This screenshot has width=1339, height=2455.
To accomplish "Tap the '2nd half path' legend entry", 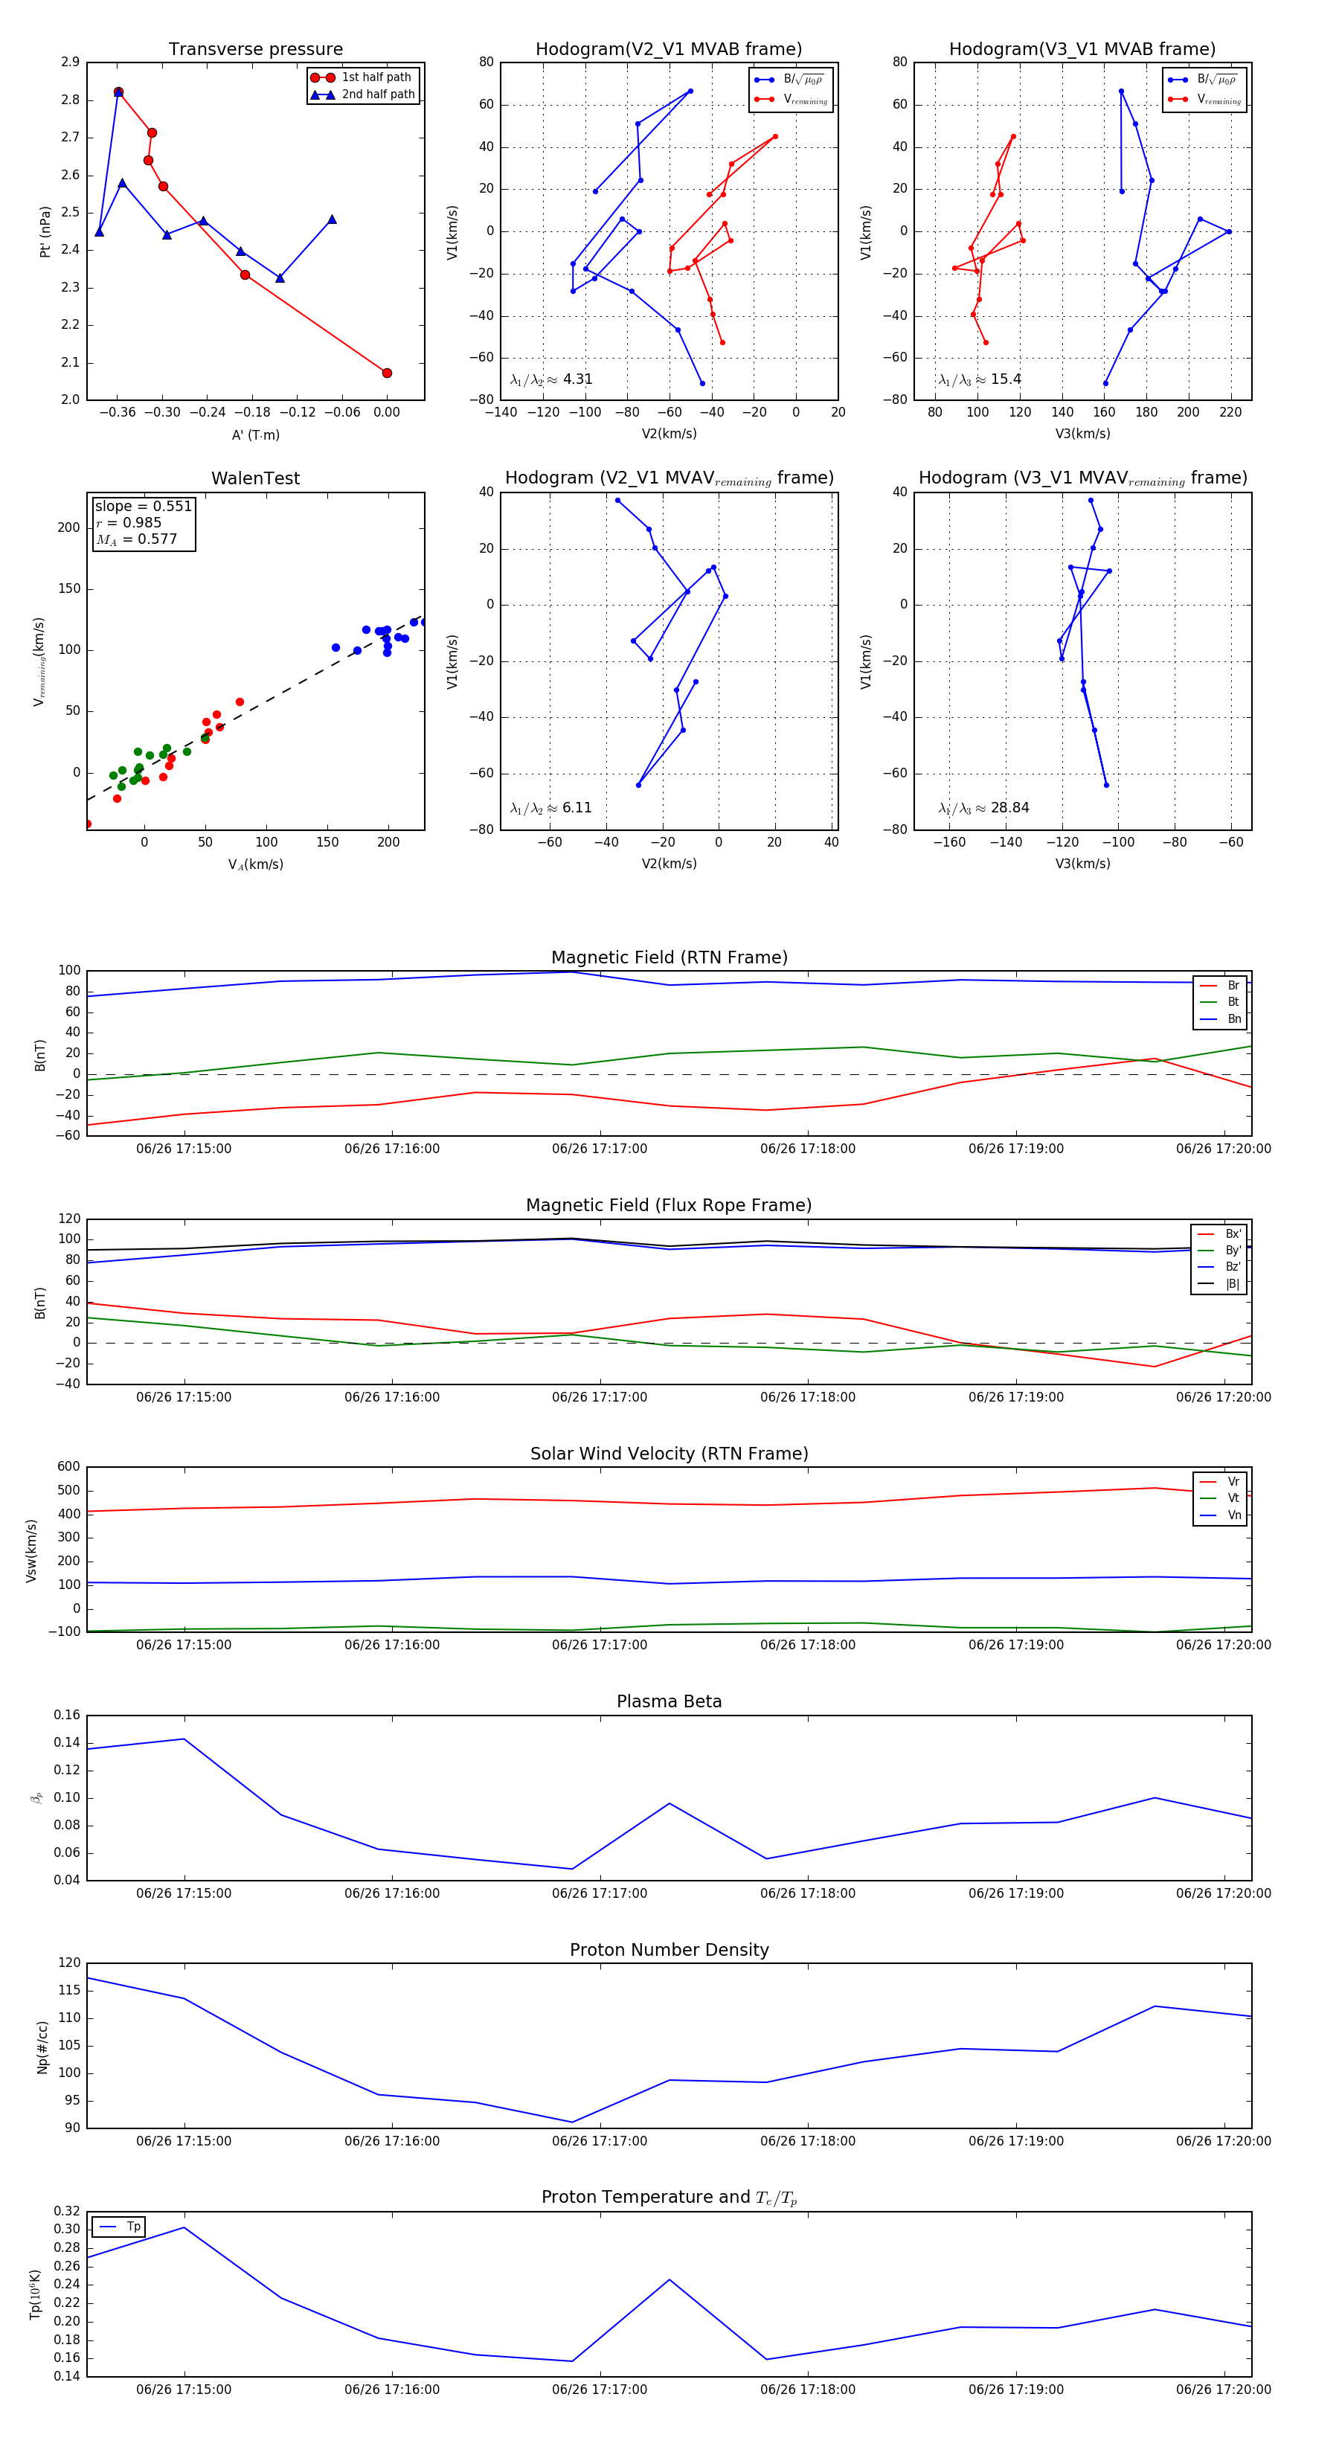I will click(x=377, y=94).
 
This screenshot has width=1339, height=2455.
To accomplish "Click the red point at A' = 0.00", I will click(x=387, y=373).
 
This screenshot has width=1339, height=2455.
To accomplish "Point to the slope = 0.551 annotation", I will click(x=143, y=506).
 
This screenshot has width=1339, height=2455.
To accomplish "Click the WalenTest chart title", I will click(x=255, y=478).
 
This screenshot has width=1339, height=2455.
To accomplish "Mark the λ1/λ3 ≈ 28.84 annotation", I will click(x=983, y=807).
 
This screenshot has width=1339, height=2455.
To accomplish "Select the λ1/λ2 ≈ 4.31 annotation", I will click(x=550, y=379).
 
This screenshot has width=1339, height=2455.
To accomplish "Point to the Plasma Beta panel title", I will click(x=669, y=1701).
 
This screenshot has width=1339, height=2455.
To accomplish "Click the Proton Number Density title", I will click(x=669, y=1950).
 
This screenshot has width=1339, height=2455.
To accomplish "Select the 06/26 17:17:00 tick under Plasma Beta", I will click(x=600, y=1893).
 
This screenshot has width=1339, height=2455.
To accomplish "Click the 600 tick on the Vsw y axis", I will click(x=68, y=1467).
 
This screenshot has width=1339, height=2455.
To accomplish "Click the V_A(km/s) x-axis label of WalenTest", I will click(x=255, y=864).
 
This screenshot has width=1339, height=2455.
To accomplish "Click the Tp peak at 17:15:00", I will click(x=184, y=2227).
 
